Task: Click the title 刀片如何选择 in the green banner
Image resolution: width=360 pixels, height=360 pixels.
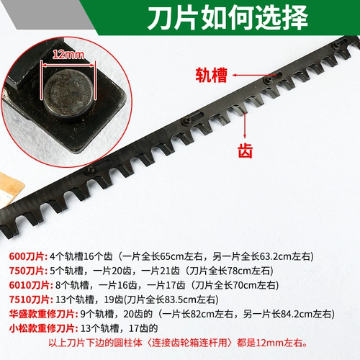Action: pyautogui.click(x=228, y=18)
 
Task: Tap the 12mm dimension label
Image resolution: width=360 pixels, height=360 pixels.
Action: pyautogui.click(x=68, y=55)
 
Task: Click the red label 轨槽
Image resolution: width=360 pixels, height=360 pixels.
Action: pyautogui.click(x=211, y=75)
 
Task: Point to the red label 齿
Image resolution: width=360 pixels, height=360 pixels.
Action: pyautogui.click(x=245, y=150)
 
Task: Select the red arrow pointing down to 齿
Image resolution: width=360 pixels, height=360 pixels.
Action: pyautogui.click(x=245, y=125)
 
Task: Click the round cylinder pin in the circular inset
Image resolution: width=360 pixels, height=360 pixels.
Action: pyautogui.click(x=69, y=93)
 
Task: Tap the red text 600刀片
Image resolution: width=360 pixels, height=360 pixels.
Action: pyautogui.click(x=28, y=256)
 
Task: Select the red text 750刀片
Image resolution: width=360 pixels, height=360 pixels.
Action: pyautogui.click(x=28, y=271)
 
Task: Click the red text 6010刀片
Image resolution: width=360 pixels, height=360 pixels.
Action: pyautogui.click(x=31, y=285)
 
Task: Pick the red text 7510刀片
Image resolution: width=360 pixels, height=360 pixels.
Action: pyautogui.click(x=31, y=300)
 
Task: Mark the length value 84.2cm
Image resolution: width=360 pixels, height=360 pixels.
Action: pyautogui.click(x=298, y=314)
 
